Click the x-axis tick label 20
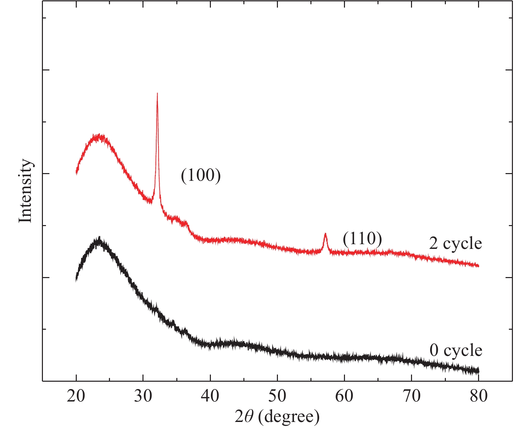76,396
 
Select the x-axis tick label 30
143,396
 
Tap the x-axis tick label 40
210,396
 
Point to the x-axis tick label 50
277,396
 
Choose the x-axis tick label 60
344,396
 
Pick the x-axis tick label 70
411,396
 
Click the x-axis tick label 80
478,396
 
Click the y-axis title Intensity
25,191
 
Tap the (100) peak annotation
201,175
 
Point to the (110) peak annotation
362,239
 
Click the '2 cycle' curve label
455,243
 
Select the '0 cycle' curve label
456,351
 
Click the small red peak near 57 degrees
325,233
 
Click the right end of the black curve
478,371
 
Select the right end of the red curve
478,266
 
